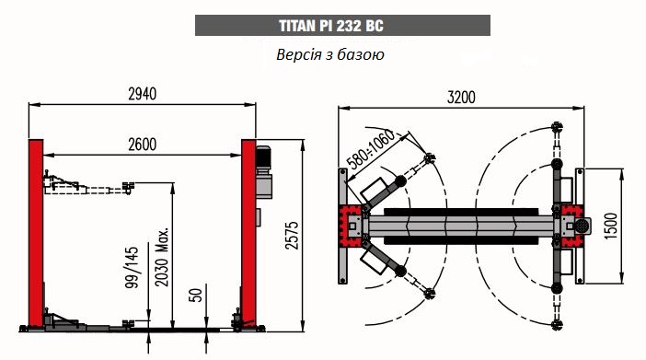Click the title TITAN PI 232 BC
[331, 26]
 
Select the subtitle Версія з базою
[330, 54]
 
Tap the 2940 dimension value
[142, 94]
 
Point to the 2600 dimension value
[142, 145]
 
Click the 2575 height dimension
[292, 235]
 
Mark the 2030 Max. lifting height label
[162, 256]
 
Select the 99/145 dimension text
[132, 268]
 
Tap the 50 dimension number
[196, 295]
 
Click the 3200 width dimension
[461, 98]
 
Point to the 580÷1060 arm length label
[370, 149]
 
